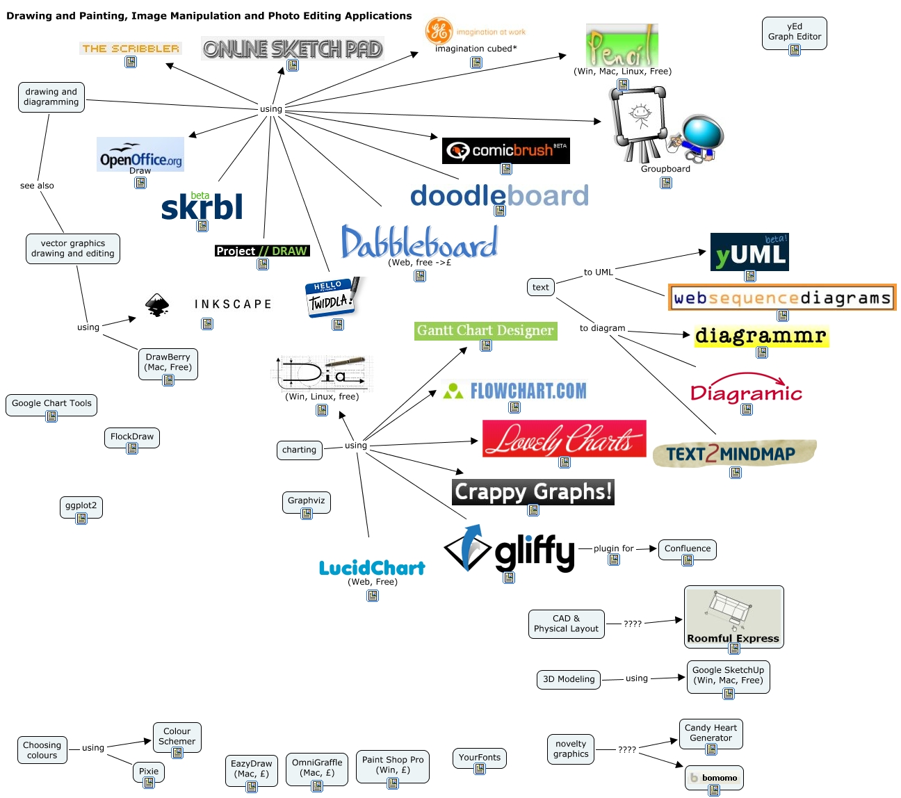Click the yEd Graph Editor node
[794, 32]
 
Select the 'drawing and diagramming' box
[51, 97]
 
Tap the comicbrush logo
[505, 150]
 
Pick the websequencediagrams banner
[782, 298]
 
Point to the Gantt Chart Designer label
[485, 331]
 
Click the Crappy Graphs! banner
[533, 492]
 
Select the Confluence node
[687, 549]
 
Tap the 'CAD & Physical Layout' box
[566, 624]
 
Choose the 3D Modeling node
[569, 679]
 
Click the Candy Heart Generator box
[711, 733]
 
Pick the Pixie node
[149, 772]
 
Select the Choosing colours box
[42, 750]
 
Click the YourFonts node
[479, 758]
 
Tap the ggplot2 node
[81, 506]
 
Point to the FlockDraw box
[132, 437]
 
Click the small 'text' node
[540, 287]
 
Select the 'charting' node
[299, 450]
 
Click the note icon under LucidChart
[373, 596]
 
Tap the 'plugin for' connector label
[613, 548]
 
